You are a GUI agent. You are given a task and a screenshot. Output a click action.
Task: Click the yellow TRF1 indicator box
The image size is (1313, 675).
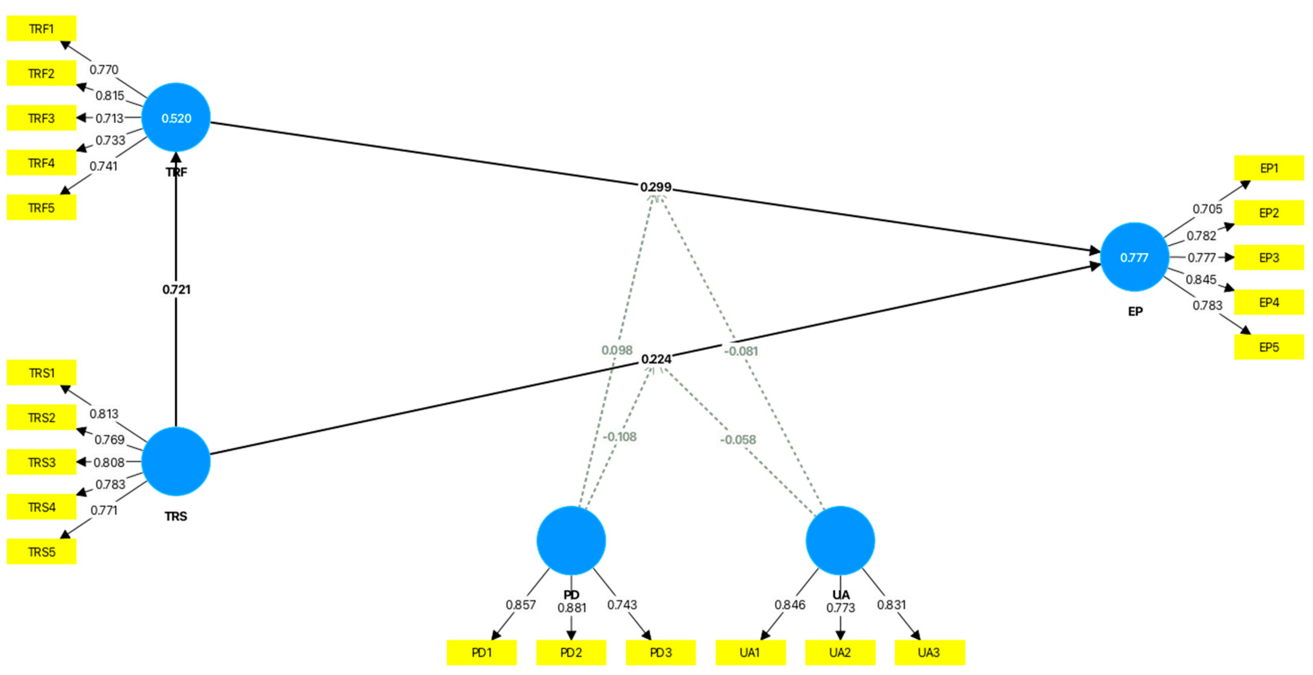click(x=41, y=29)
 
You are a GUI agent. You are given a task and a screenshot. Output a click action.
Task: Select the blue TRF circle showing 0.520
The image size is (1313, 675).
click(x=176, y=118)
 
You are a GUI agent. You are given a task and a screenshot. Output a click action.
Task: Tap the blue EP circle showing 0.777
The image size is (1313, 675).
click(x=1134, y=257)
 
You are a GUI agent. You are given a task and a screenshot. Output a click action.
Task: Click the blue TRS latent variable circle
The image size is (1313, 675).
click(x=176, y=461)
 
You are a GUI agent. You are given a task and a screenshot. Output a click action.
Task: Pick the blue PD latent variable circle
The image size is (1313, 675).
click(x=571, y=540)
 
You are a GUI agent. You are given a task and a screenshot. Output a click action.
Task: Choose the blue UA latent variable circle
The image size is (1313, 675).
click(x=840, y=540)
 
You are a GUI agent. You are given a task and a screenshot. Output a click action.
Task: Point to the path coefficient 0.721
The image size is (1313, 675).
click(x=176, y=289)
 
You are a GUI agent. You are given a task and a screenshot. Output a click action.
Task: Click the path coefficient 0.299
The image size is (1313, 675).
click(x=656, y=187)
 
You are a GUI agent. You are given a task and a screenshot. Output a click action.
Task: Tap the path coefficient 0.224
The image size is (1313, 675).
click(x=656, y=359)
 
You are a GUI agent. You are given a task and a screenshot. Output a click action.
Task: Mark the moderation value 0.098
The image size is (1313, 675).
click(x=617, y=350)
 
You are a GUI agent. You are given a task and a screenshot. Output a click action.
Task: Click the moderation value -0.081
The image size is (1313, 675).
click(x=741, y=351)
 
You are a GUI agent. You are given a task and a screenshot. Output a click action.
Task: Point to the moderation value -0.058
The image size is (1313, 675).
click(x=738, y=439)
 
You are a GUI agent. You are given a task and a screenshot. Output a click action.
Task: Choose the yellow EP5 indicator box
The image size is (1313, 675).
click(x=1269, y=347)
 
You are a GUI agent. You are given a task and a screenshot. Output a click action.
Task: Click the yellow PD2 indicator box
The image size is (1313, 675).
click(x=571, y=653)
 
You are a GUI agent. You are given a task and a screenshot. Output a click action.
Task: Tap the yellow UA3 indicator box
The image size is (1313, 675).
click(x=929, y=653)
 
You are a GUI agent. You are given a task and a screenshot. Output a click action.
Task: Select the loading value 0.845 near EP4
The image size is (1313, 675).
click(x=1201, y=279)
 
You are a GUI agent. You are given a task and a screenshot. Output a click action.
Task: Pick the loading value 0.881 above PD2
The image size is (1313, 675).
click(x=571, y=608)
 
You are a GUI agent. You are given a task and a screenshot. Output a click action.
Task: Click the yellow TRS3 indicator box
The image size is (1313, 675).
click(x=41, y=462)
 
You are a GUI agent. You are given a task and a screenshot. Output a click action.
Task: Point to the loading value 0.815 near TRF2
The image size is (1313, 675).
click(x=110, y=96)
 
